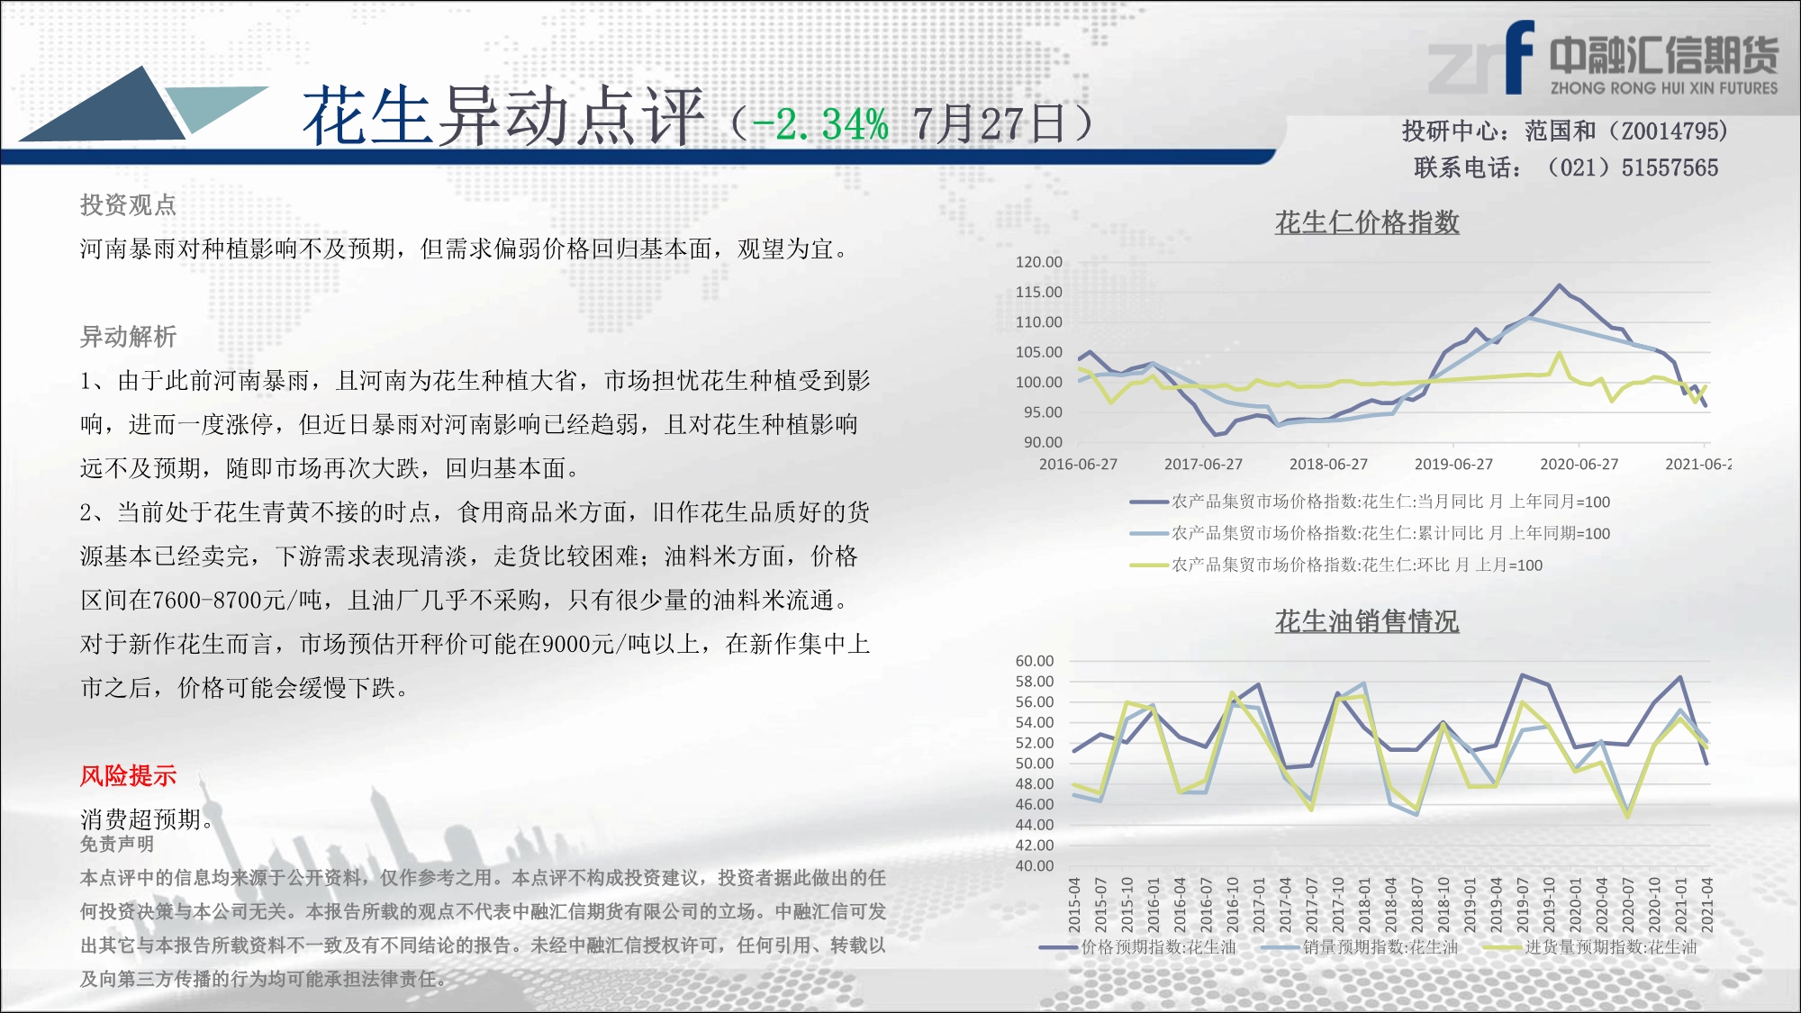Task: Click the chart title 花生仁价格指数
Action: (x=1367, y=222)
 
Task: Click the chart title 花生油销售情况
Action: (x=1367, y=621)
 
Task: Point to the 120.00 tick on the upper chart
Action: (x=1039, y=262)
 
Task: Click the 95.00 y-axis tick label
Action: (x=1043, y=412)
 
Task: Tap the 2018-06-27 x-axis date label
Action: (x=1328, y=465)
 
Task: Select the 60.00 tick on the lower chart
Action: (x=1035, y=661)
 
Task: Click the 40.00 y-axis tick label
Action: (x=1035, y=866)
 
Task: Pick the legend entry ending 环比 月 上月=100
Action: (x=1337, y=565)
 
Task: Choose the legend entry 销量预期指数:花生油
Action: (x=1360, y=947)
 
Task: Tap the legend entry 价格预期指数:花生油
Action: (x=1138, y=947)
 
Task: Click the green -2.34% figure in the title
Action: (x=820, y=124)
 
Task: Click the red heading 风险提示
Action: (x=128, y=775)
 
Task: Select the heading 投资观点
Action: (x=128, y=205)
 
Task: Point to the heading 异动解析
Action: (x=128, y=337)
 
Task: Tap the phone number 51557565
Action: (x=1670, y=167)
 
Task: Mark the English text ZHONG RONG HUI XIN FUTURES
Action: (x=1664, y=88)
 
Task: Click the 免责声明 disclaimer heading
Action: (x=116, y=844)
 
